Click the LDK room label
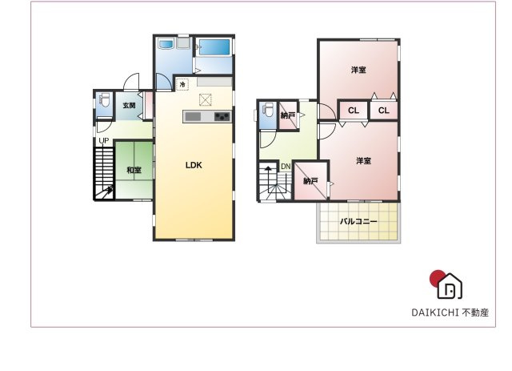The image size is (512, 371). click(x=194, y=166)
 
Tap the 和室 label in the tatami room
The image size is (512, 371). click(x=134, y=171)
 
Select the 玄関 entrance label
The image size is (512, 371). click(x=129, y=105)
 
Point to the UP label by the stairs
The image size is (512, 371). click(x=103, y=142)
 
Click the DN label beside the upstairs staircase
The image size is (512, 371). click(x=285, y=167)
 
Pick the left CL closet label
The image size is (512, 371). click(x=353, y=111)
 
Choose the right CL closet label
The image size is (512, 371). click(x=383, y=111)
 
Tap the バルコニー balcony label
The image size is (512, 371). click(x=358, y=220)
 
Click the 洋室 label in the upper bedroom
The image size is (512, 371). click(x=358, y=71)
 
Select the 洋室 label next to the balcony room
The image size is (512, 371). click(x=363, y=161)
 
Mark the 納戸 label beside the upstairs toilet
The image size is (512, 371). click(x=288, y=116)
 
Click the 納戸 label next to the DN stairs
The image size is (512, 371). click(x=310, y=182)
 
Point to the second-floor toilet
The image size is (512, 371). click(x=268, y=113)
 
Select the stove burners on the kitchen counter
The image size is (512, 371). click(x=222, y=117)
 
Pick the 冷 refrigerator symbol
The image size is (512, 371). click(x=182, y=84)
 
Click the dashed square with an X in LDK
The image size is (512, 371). click(x=206, y=99)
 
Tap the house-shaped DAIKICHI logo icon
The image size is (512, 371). click(x=450, y=284)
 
